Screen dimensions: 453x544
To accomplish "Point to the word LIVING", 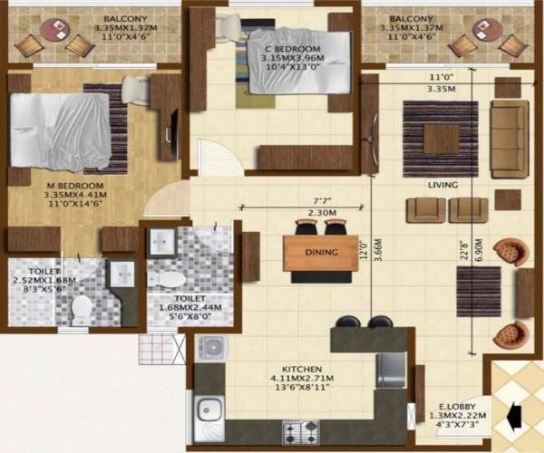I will tap(443, 185).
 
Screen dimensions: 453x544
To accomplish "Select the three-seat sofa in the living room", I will tap(509, 139).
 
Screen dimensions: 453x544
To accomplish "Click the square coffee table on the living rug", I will tap(441, 139).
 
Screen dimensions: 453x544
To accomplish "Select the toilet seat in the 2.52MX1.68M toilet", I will tap(82, 308).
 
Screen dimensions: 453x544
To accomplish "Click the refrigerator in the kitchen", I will tap(392, 367).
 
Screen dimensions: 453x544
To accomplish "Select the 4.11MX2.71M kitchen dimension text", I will tap(299, 381).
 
